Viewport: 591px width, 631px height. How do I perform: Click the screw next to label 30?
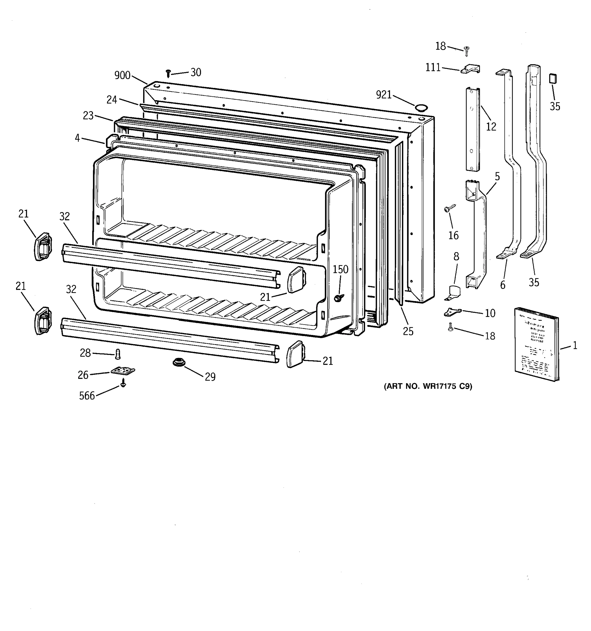[168, 74]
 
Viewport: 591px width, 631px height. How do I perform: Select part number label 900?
[122, 75]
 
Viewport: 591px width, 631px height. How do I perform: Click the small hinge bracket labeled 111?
[470, 69]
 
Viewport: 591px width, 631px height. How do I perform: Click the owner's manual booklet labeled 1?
[536, 344]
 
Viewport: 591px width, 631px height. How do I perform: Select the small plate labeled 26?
[123, 370]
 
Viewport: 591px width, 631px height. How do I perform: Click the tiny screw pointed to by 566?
[123, 384]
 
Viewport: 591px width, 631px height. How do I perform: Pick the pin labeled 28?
[118, 354]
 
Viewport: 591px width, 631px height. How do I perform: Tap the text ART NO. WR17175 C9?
[428, 386]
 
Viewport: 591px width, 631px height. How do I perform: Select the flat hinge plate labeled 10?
[452, 312]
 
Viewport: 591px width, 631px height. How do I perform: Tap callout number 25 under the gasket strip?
[408, 331]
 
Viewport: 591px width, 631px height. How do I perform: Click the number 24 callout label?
[112, 100]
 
